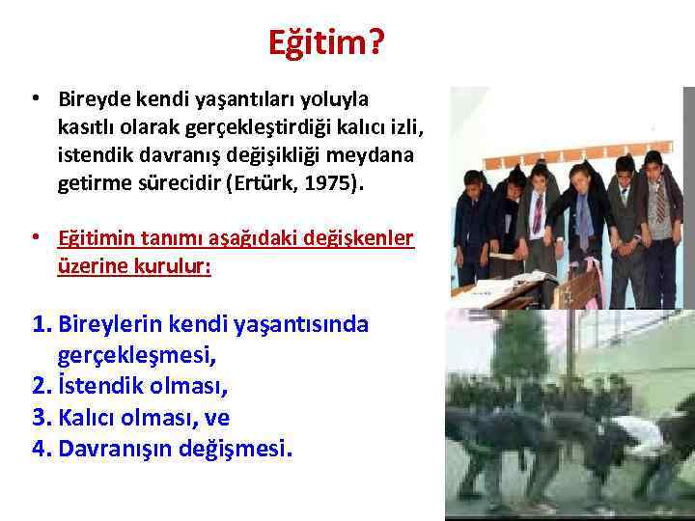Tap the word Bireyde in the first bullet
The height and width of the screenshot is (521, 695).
(93, 98)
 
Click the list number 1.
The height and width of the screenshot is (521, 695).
(41, 325)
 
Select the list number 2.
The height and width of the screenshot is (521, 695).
(41, 388)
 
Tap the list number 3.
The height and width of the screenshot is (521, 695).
(41, 419)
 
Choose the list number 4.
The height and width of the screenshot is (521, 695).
(41, 450)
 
